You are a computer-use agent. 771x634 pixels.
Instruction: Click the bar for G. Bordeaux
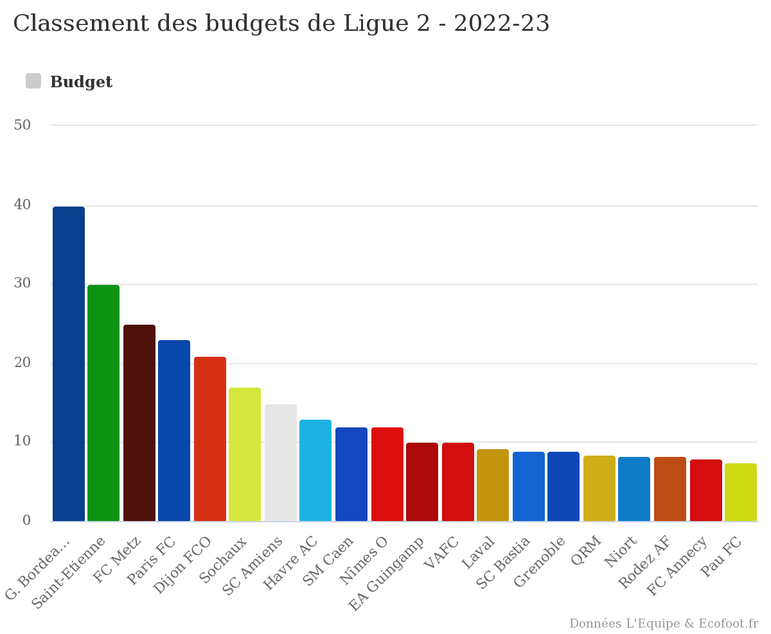click(69, 364)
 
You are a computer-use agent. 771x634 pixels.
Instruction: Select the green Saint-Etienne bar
click(103, 403)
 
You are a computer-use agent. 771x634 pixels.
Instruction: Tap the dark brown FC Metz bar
click(139, 423)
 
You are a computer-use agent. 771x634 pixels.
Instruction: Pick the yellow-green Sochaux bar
click(245, 454)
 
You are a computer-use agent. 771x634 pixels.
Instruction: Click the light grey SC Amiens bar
click(281, 463)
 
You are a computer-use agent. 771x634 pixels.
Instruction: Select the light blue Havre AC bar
click(315, 470)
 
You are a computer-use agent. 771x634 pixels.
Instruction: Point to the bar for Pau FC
click(741, 492)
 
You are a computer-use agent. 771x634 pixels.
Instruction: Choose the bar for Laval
click(493, 485)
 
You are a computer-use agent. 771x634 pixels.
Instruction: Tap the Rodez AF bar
click(670, 489)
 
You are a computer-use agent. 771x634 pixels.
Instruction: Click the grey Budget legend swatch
click(33, 81)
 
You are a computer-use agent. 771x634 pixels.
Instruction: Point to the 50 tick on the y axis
click(22, 125)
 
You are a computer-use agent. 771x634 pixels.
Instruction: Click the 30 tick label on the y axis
click(22, 284)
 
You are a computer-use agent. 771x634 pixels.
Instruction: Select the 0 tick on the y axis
click(26, 520)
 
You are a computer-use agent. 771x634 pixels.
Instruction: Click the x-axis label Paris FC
click(152, 561)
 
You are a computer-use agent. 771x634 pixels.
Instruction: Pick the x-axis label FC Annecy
click(677, 566)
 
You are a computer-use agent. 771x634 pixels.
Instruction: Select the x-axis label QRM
click(587, 551)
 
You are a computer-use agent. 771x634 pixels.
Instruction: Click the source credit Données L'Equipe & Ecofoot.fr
click(663, 624)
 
